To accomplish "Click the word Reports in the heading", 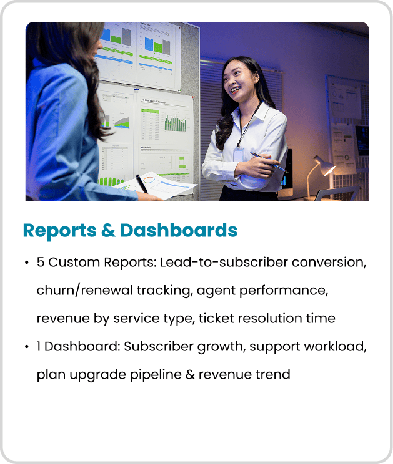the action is coord(59,231).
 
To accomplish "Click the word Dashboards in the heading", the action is coord(179,230).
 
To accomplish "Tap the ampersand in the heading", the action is coord(108,231).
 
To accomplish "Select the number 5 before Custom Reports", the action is coord(41,262).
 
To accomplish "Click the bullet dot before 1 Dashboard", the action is coord(27,347).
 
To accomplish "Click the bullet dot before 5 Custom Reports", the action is coord(27,263).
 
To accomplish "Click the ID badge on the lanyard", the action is coord(238,154).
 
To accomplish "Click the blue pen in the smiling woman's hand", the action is coord(269,163).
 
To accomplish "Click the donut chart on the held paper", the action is coord(149,180).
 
